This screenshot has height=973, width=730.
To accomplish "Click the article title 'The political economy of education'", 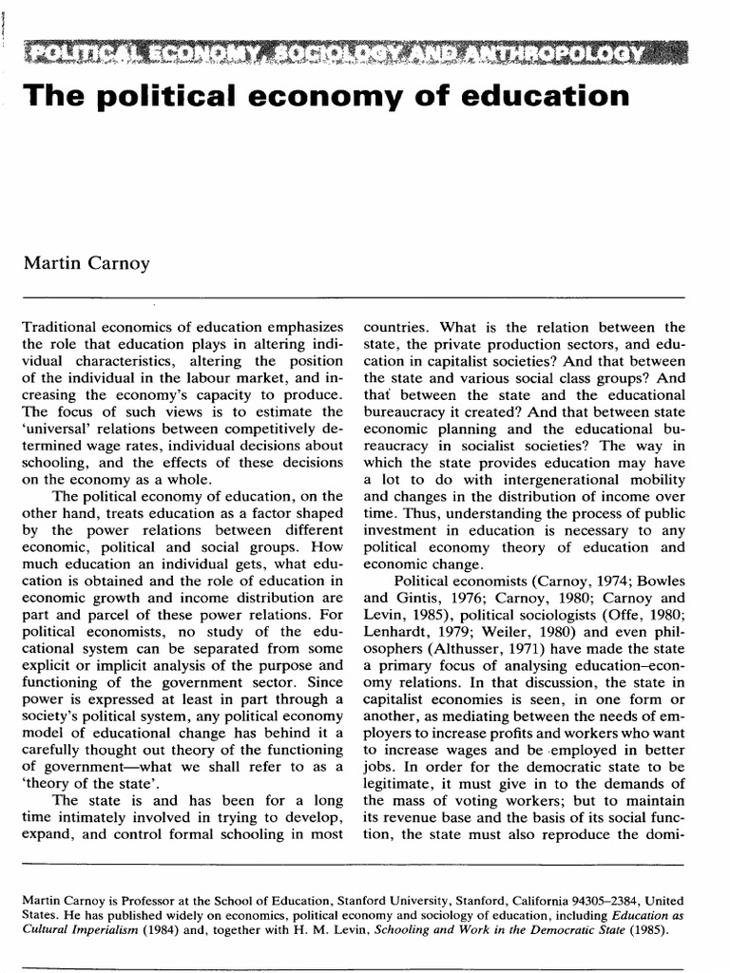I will click(x=325, y=97).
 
